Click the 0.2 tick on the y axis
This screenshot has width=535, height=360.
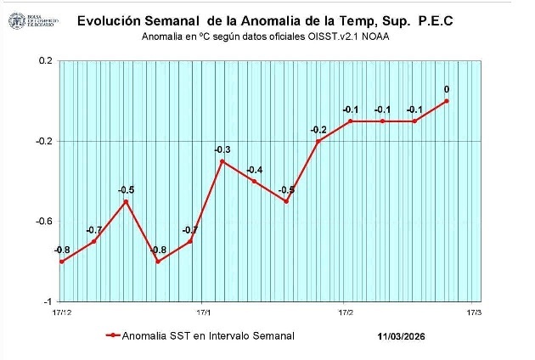coord(45,61)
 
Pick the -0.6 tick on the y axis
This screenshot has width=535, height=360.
coord(43,222)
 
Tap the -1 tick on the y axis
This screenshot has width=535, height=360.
coord(48,301)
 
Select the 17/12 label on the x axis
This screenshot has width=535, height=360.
coord(62,313)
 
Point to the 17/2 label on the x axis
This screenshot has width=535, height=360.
coord(346,313)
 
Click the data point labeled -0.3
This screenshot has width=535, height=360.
coord(222,161)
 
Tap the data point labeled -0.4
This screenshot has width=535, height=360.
coord(254,181)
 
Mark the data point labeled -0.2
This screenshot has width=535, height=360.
coord(318,141)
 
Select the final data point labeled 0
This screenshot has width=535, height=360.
coord(447,101)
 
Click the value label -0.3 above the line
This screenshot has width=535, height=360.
coord(222,149)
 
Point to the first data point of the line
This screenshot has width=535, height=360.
coord(62,262)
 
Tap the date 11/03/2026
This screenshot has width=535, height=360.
coord(402,336)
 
